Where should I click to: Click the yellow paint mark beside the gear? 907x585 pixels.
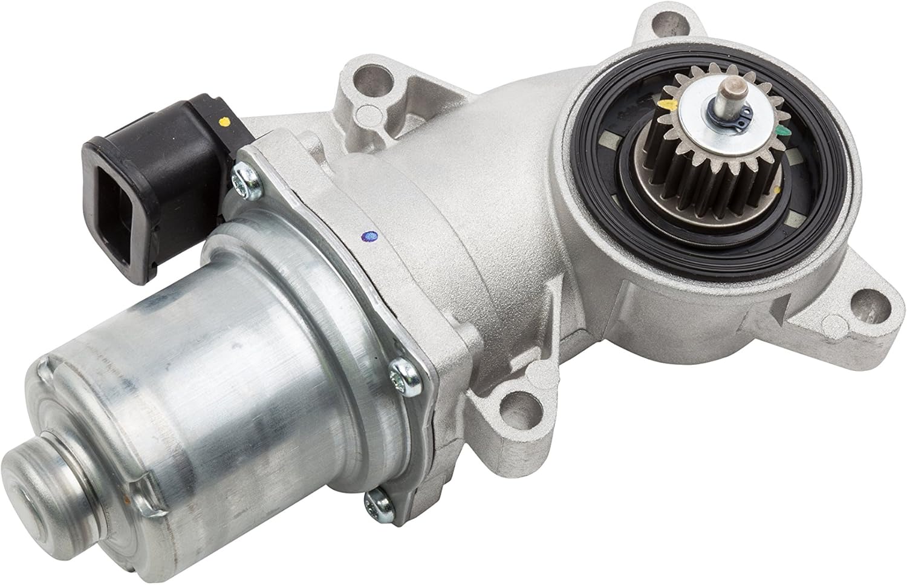[667, 105]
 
